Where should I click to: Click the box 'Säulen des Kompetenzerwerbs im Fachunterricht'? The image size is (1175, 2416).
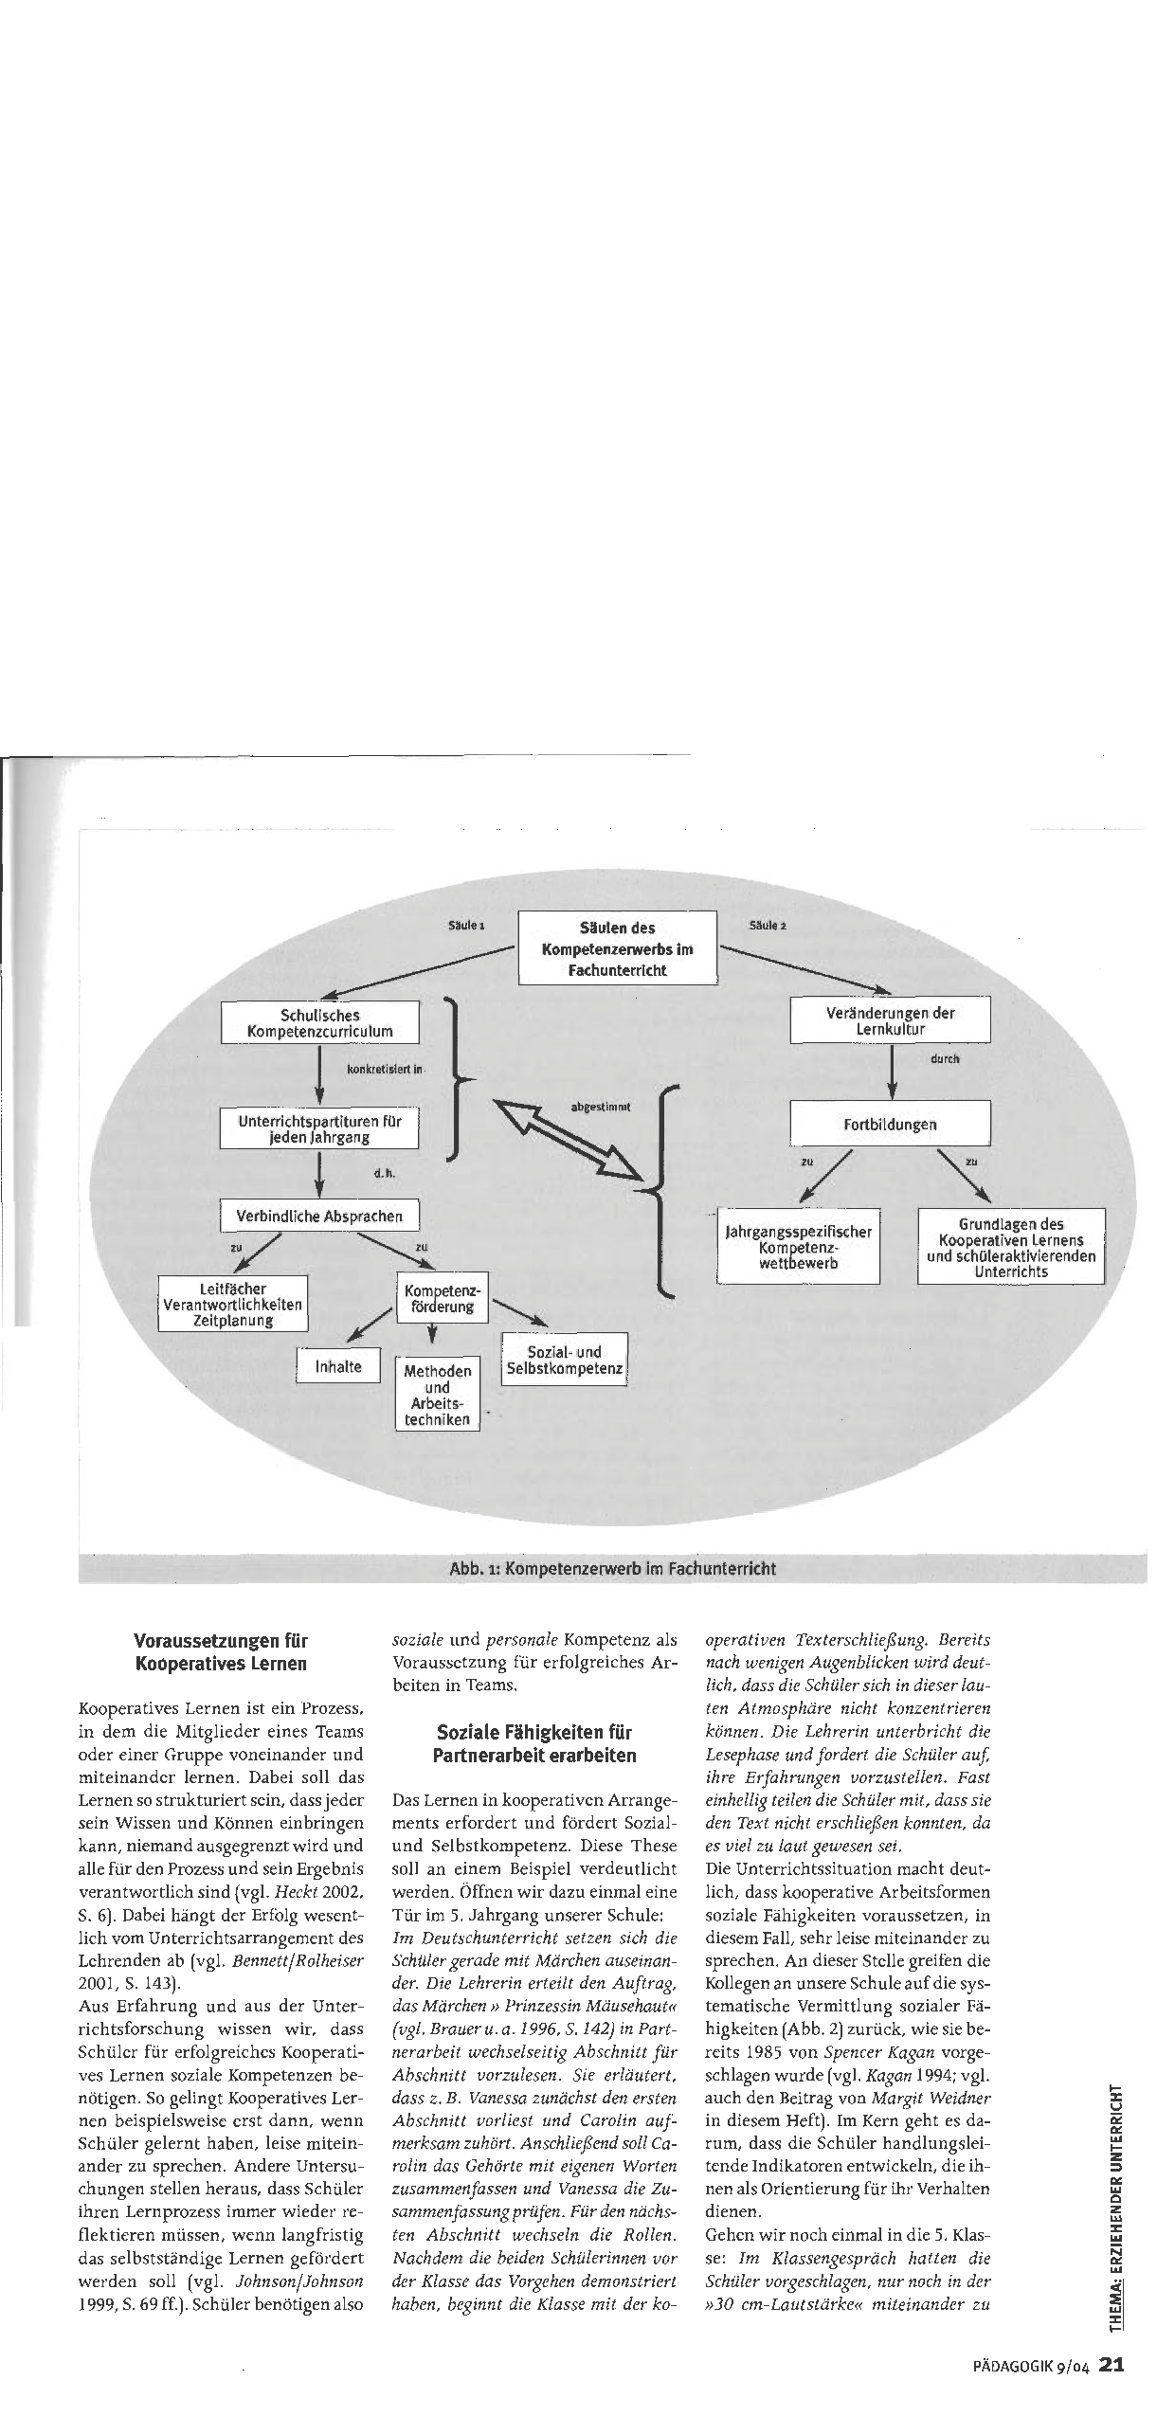617,948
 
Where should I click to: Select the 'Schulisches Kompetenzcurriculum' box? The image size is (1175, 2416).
319,1023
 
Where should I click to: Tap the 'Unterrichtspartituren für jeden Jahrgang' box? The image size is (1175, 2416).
319,1128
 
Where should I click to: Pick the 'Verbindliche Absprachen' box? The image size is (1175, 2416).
319,1217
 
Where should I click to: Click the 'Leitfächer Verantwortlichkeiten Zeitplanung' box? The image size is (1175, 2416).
233,1305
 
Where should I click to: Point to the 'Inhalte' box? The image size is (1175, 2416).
338,1366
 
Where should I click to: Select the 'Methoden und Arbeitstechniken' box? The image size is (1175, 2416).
437,1396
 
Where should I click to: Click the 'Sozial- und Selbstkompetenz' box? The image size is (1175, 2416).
565,1361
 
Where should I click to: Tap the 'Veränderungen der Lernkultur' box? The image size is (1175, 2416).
891,1020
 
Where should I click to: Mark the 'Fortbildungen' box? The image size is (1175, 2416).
890,1125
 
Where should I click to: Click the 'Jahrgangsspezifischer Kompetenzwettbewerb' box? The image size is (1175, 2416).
798,1247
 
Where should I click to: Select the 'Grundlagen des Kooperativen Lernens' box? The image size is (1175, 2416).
1010,1248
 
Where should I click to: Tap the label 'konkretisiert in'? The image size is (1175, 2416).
387,1070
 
